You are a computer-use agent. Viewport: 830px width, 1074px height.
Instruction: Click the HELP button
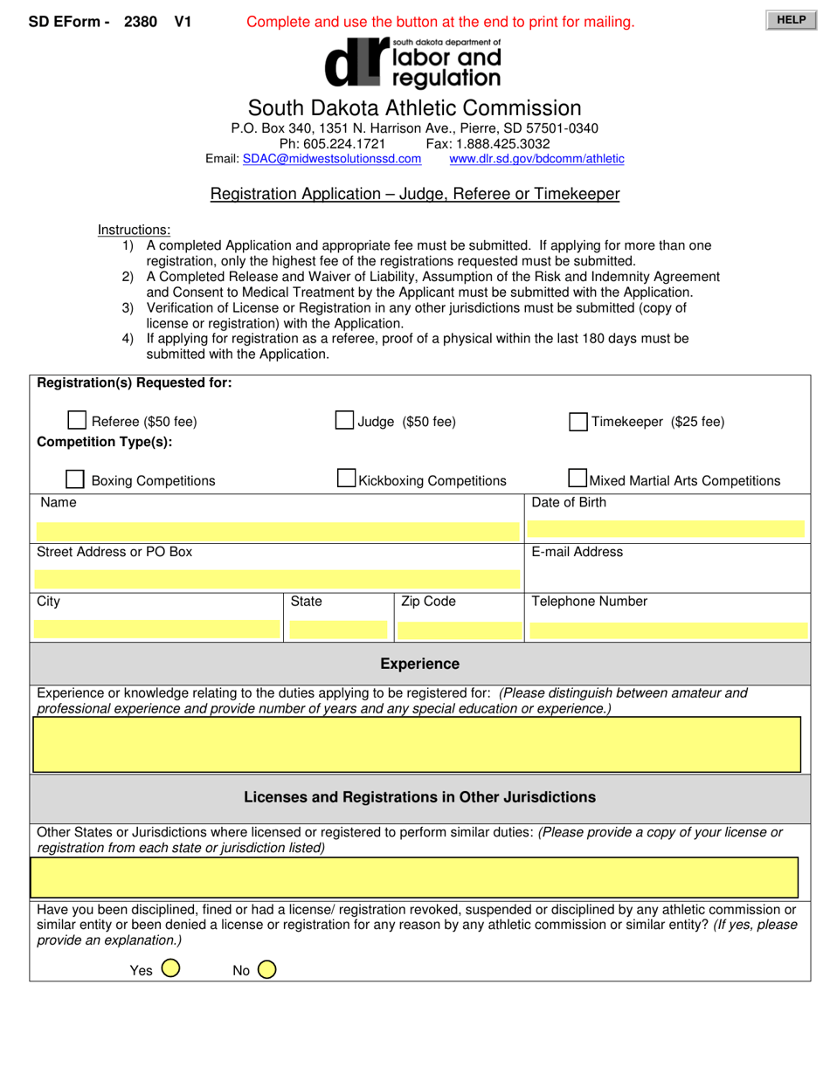tap(791, 20)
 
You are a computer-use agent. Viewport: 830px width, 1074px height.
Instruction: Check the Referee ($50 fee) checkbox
tap(77, 421)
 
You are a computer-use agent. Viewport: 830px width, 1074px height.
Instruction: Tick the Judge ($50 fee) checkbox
tap(345, 421)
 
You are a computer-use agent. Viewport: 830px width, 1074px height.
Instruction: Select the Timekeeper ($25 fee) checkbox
tap(578, 422)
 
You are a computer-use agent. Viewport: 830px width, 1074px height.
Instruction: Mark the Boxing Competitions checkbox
tap(76, 479)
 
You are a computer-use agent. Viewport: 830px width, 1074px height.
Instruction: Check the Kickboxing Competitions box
tap(347, 478)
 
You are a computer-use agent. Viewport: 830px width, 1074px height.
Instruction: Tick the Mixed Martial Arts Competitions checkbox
tap(578, 478)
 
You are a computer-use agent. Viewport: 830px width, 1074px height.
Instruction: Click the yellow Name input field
tap(277, 530)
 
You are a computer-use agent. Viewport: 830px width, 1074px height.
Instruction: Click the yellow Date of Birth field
tap(667, 527)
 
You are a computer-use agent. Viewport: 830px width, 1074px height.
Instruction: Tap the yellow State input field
tap(337, 630)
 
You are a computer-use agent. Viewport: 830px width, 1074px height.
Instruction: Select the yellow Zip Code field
tap(459, 630)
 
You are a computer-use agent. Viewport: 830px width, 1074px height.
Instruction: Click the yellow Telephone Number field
tap(667, 630)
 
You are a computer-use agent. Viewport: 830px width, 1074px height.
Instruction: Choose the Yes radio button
tap(171, 968)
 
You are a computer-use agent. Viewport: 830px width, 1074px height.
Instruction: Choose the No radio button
tap(266, 969)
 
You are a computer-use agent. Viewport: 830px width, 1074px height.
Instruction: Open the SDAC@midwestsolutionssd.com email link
tap(331, 159)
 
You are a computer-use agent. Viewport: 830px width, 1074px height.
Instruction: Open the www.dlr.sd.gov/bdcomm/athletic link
tap(536, 159)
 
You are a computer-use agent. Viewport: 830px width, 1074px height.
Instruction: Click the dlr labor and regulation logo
tap(412, 63)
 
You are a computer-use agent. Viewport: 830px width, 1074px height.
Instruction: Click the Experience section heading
tap(419, 664)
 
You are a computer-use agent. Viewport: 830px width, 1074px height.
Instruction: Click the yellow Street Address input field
tap(277, 578)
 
